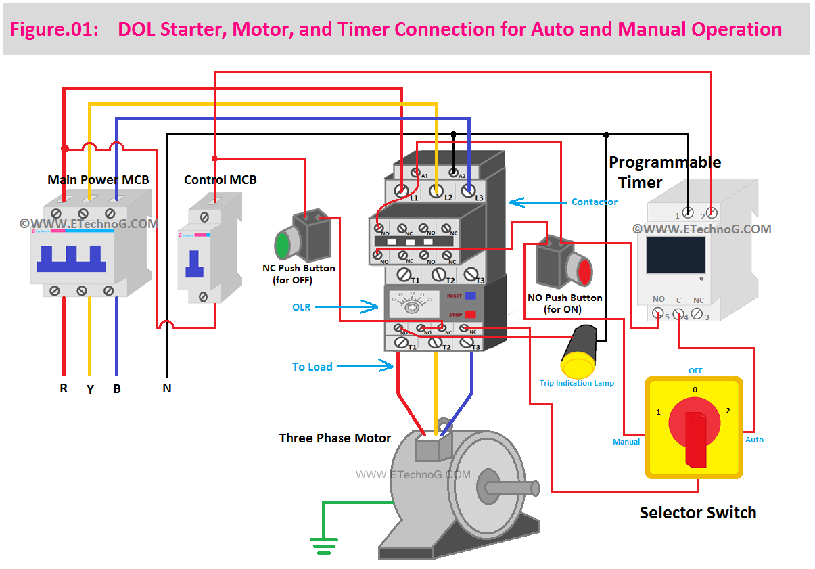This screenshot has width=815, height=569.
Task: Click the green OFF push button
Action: pos(282,244)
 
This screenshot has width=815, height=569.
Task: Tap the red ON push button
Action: pos(584,271)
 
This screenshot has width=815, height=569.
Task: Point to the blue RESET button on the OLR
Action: pos(470,296)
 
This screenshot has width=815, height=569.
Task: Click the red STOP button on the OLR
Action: pos(470,314)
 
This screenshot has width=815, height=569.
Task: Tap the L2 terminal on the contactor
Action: pos(436,191)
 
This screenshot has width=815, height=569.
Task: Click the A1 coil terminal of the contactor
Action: pos(417,173)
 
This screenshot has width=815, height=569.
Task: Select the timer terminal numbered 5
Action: pos(657,314)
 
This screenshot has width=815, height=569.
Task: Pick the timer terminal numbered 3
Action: pos(698,314)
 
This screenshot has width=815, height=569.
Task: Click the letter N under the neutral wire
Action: pos(166,388)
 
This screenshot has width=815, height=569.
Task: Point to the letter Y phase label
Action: pos(90,390)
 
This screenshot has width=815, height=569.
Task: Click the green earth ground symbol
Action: pos(324,541)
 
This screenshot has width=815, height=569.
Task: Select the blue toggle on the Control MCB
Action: pos(195,265)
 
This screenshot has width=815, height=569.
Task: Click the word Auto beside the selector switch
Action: pos(754,440)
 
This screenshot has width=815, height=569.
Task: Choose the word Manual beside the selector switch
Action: pos(626,442)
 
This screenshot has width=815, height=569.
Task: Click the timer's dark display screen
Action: pos(675,254)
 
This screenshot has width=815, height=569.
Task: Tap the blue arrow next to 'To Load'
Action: pos(365,367)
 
